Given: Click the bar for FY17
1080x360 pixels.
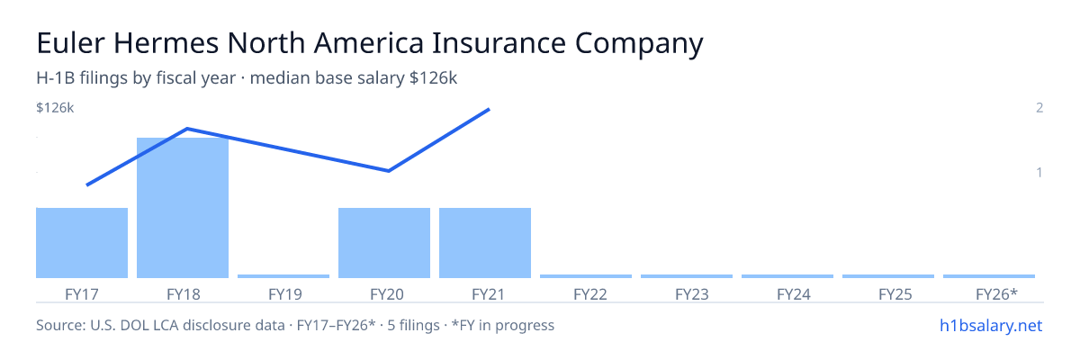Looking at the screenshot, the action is [x=82, y=243].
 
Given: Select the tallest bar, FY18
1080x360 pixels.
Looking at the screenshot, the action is [x=183, y=208].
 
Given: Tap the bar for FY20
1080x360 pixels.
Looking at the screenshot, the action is [x=384, y=243].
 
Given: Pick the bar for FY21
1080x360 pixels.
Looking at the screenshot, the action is [x=485, y=243].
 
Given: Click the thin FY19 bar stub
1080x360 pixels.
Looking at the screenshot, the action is [x=283, y=276].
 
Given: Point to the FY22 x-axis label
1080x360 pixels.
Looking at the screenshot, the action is [x=590, y=294].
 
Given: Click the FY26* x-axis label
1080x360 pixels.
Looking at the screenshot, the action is [x=996, y=294].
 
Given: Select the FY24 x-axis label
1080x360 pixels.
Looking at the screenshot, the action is [x=794, y=294].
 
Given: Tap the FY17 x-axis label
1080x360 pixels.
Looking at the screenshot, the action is [x=82, y=294].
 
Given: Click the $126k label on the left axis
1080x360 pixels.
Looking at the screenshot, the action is [x=55, y=108].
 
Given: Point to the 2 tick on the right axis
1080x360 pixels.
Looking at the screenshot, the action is [x=1039, y=108].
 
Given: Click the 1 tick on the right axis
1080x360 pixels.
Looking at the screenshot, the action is [x=1039, y=173].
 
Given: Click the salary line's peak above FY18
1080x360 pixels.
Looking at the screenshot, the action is [x=187, y=129].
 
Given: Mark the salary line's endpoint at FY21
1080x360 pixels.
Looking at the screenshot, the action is [x=490, y=110].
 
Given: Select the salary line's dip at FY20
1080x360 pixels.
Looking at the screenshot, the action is [x=389, y=171].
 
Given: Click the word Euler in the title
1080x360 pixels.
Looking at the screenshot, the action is [x=70, y=43].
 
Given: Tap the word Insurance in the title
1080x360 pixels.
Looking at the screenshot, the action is [x=499, y=43].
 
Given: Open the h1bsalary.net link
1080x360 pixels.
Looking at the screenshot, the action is [x=991, y=326].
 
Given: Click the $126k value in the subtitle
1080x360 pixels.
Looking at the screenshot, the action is [x=433, y=78].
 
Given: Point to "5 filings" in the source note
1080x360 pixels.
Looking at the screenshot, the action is [x=413, y=326].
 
